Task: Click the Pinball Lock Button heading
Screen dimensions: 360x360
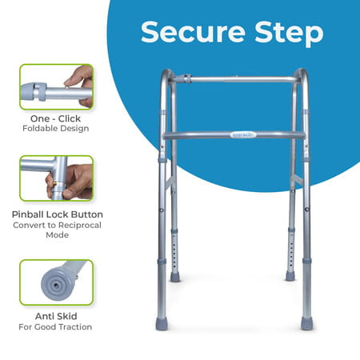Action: point(56,214)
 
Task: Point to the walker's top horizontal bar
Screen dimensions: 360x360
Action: point(240,79)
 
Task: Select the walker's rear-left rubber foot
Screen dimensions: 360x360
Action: point(175,277)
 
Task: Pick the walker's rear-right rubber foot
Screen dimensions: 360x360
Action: point(290,276)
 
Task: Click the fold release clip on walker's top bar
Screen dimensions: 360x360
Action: point(184,78)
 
